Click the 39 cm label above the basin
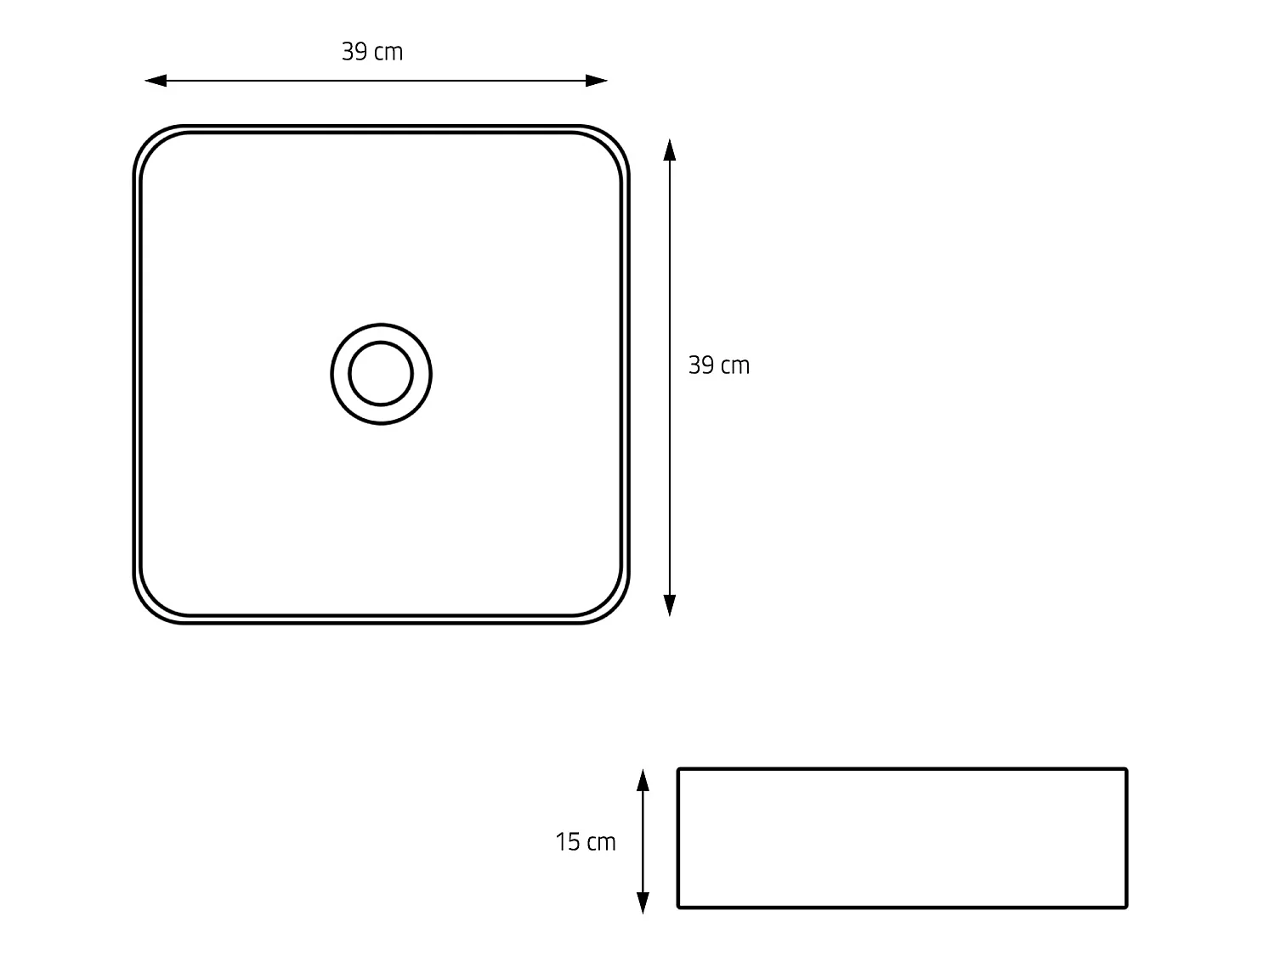[372, 53]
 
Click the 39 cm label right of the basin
[719, 365]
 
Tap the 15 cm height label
[586, 842]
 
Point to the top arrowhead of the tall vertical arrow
[670, 150]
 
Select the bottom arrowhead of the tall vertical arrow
[670, 605]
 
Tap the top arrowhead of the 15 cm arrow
[643, 780]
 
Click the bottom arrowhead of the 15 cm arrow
[643, 903]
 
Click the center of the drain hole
[381, 374]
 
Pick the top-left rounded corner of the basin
[151, 144]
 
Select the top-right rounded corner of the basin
[611, 144]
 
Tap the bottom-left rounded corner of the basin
[151, 605]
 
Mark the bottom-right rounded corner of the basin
[611, 605]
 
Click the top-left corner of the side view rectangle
[679, 770]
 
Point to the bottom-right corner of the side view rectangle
[1125, 907]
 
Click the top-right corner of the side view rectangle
[1125, 770]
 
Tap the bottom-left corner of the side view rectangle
[679, 907]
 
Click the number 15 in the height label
[568, 842]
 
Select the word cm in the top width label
[388, 53]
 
